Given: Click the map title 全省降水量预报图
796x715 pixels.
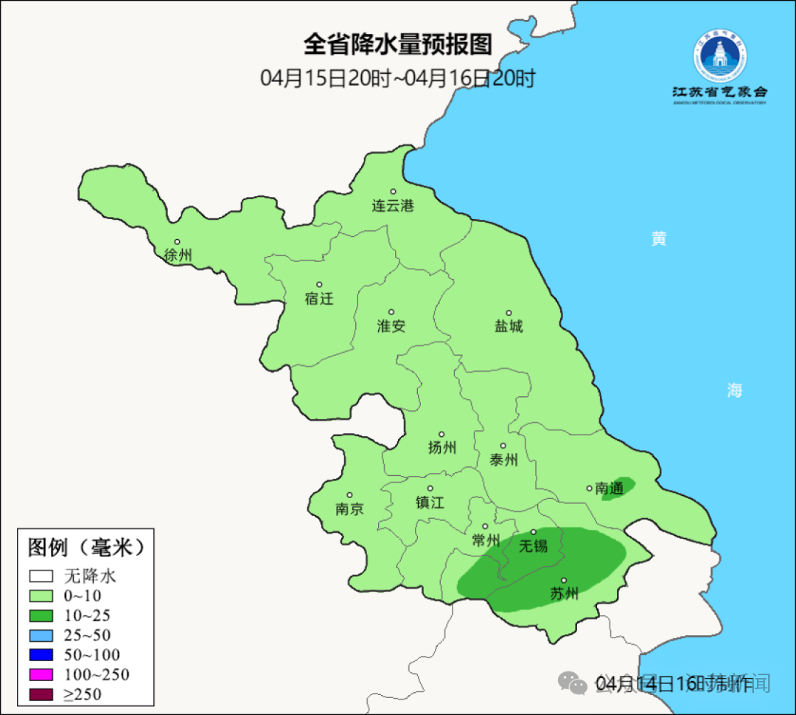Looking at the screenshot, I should pyautogui.click(x=397, y=45).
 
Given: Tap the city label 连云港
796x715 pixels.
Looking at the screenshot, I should pyautogui.click(x=393, y=206).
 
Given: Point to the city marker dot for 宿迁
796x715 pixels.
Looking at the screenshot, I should pyautogui.click(x=319, y=285).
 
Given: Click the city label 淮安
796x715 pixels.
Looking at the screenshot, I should pyautogui.click(x=391, y=326).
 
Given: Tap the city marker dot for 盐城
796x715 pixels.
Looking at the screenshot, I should pyautogui.click(x=508, y=313).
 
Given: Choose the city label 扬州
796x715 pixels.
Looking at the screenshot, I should pyautogui.click(x=442, y=447).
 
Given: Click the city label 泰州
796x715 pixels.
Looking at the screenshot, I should pyautogui.click(x=503, y=460).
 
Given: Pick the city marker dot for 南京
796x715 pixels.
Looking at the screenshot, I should pyautogui.click(x=349, y=496).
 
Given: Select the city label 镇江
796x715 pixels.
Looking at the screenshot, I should pyautogui.click(x=430, y=502).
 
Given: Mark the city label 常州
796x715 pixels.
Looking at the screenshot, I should pyautogui.click(x=486, y=540).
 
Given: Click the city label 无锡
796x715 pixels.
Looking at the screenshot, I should pyautogui.click(x=534, y=546).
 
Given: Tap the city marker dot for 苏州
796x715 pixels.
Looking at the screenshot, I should pyautogui.click(x=564, y=581).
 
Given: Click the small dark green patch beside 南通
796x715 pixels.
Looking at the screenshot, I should pyautogui.click(x=618, y=488).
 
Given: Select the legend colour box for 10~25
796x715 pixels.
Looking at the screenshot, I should pyautogui.click(x=41, y=615).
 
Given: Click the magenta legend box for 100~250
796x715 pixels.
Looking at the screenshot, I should pyautogui.click(x=41, y=674).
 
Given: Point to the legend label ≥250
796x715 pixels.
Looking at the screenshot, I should pyautogui.click(x=83, y=694).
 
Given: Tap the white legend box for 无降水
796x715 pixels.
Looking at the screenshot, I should pyautogui.click(x=41, y=576).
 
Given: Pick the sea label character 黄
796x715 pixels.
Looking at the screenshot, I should pyautogui.click(x=658, y=239).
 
